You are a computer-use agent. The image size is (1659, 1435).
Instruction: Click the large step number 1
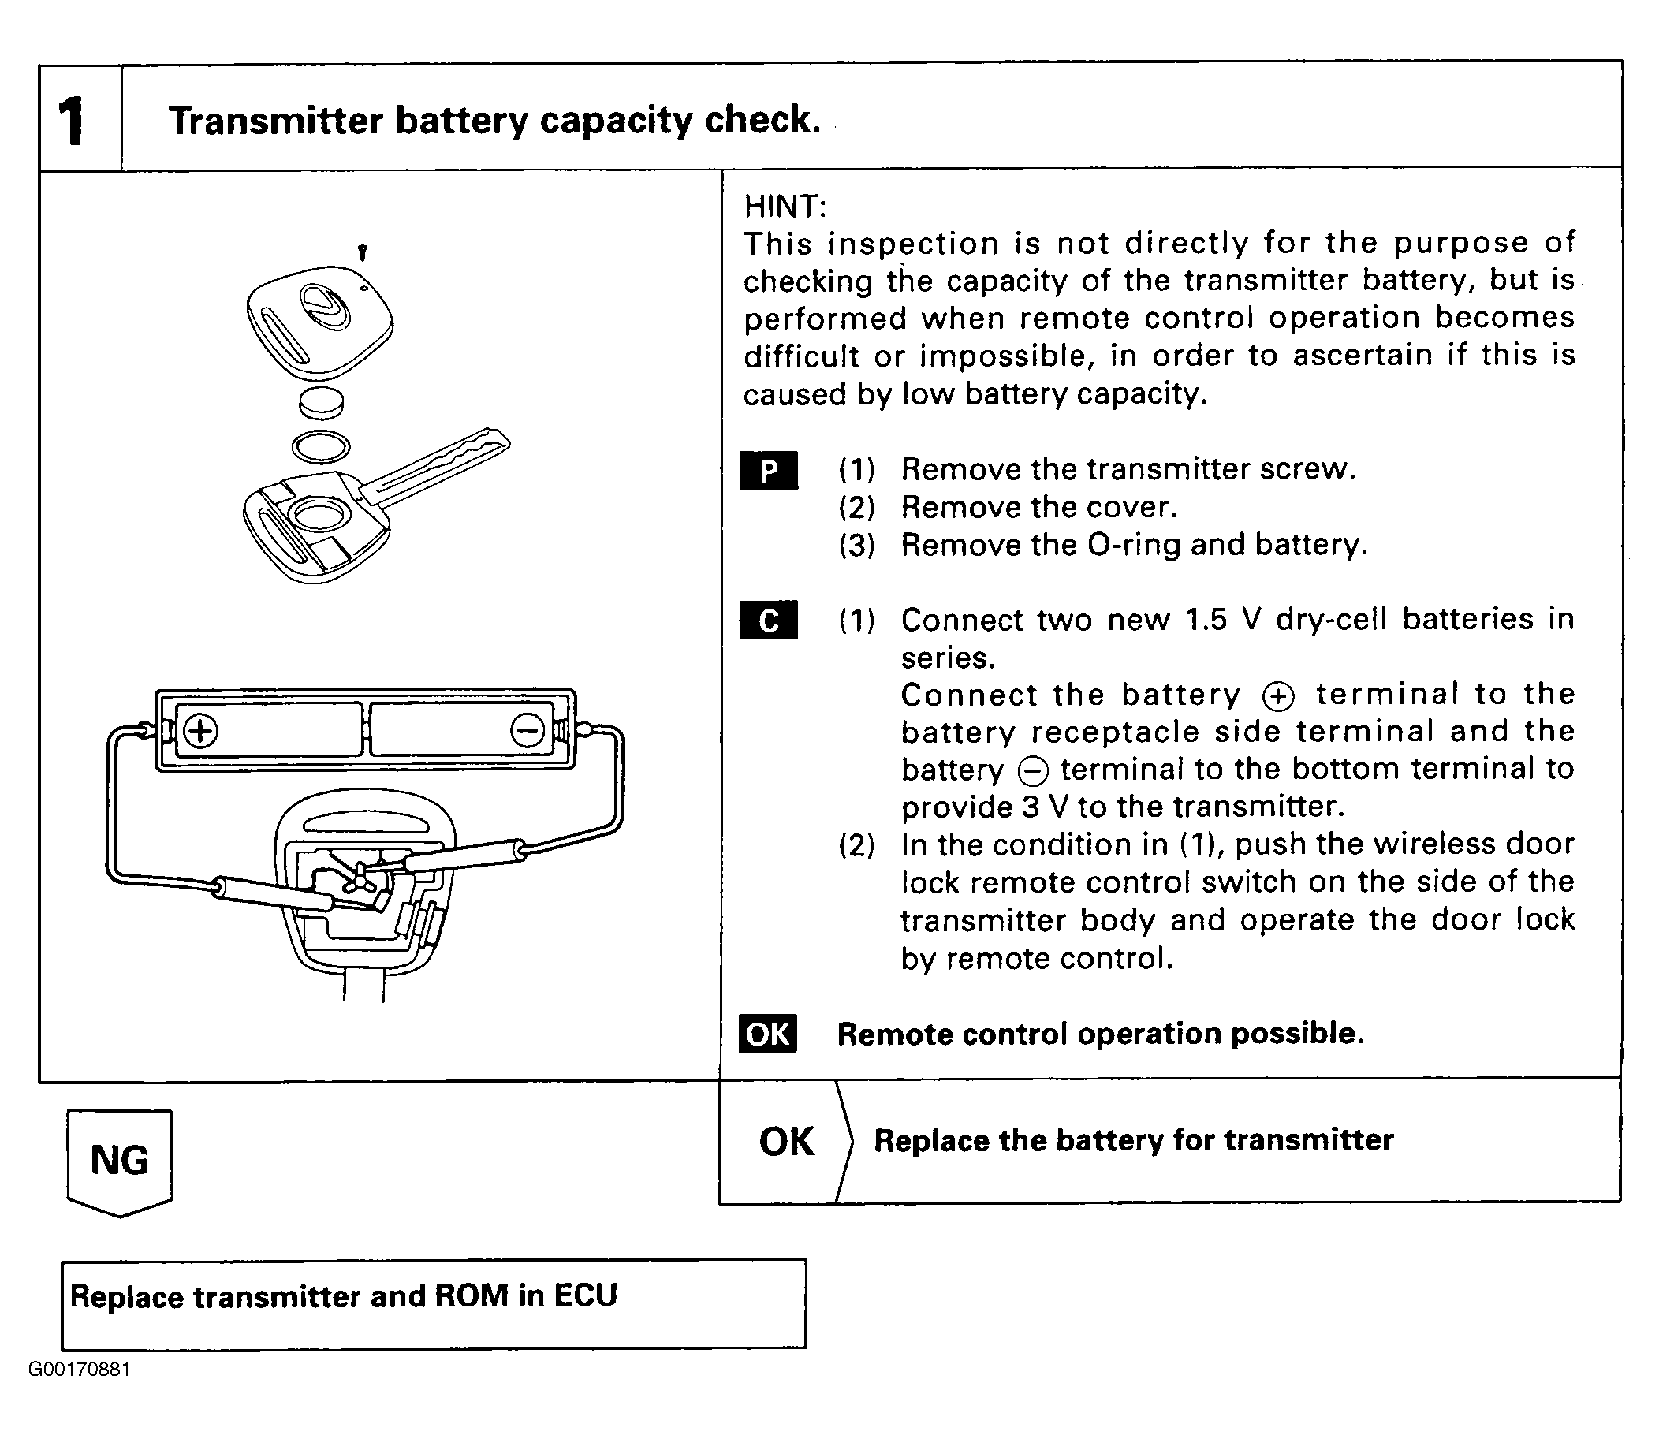(72, 121)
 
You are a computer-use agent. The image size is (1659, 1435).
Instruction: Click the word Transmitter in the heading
(276, 121)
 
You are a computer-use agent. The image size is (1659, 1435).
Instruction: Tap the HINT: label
(785, 207)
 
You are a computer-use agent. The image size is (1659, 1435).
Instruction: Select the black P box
(769, 471)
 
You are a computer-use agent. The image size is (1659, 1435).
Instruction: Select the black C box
(769, 621)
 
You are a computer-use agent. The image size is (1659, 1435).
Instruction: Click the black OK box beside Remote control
(768, 1034)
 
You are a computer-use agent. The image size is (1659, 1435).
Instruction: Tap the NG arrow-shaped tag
(120, 1161)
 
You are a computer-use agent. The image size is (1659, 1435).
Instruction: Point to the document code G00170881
(80, 1391)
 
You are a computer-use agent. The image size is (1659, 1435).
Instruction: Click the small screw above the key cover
(363, 253)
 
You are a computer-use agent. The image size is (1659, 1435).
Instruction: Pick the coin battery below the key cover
(321, 402)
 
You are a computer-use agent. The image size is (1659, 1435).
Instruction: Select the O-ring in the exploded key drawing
(321, 447)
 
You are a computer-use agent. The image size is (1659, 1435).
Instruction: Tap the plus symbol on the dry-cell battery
(200, 731)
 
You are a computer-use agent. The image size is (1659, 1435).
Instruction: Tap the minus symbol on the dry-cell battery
(527, 730)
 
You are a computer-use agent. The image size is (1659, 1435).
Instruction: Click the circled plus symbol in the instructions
(1278, 696)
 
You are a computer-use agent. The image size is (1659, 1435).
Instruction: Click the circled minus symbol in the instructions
(1032, 771)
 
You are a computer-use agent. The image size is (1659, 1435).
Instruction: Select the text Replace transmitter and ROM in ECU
(345, 1296)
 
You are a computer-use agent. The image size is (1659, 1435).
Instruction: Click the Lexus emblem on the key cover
(324, 307)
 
